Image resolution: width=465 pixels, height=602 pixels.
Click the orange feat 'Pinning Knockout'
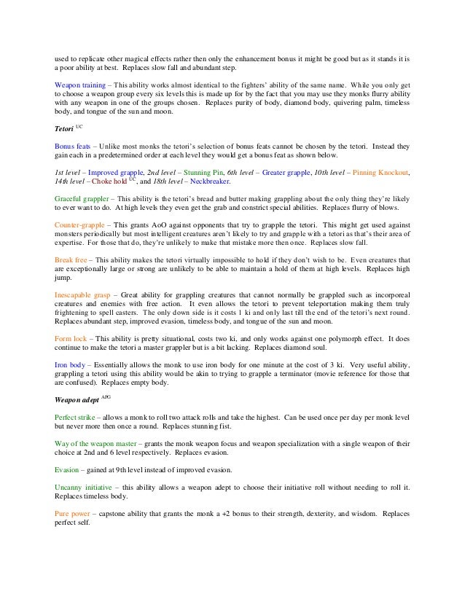pos(380,173)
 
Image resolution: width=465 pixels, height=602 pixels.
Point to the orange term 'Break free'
pos(71,259)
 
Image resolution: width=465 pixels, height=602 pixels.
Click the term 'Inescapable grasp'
pos(84,295)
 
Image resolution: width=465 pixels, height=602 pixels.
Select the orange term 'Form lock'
pos(71,339)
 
